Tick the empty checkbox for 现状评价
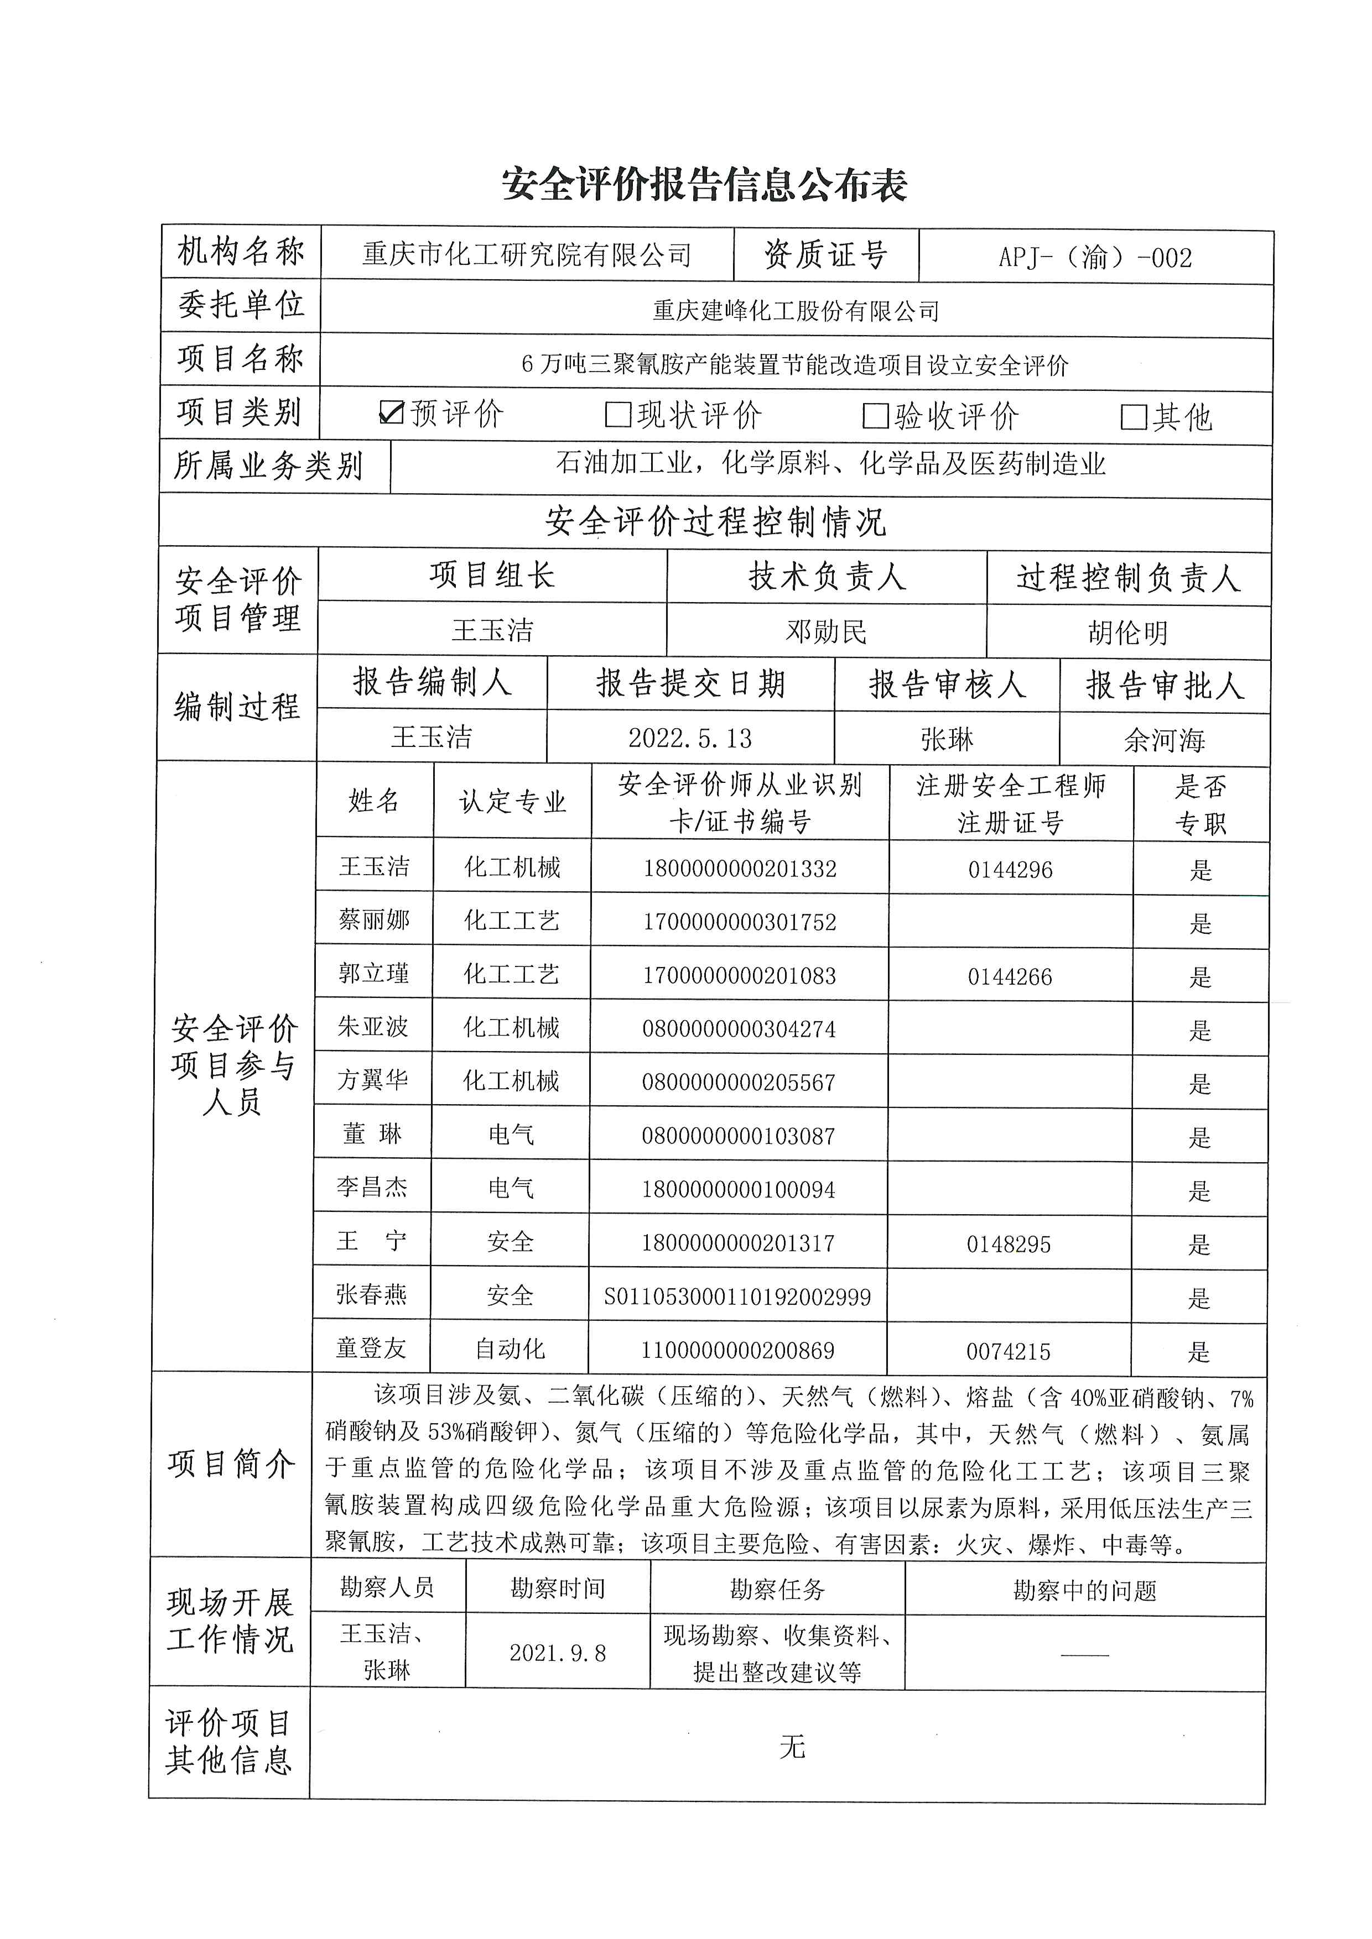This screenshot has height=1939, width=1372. (619, 415)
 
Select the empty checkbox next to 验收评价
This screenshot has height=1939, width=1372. (875, 416)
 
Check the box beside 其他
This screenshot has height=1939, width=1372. (1133, 416)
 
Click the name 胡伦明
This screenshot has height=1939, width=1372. (1128, 633)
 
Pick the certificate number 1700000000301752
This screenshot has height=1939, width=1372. (739, 922)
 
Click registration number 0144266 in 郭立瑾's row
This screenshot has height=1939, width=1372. (1010, 977)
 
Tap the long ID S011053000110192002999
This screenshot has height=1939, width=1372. (737, 1297)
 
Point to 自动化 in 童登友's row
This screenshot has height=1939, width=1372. (510, 1349)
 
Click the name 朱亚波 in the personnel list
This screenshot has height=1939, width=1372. (372, 1027)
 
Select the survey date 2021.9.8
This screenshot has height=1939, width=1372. (558, 1653)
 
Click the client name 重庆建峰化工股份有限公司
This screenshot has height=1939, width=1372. (796, 311)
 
